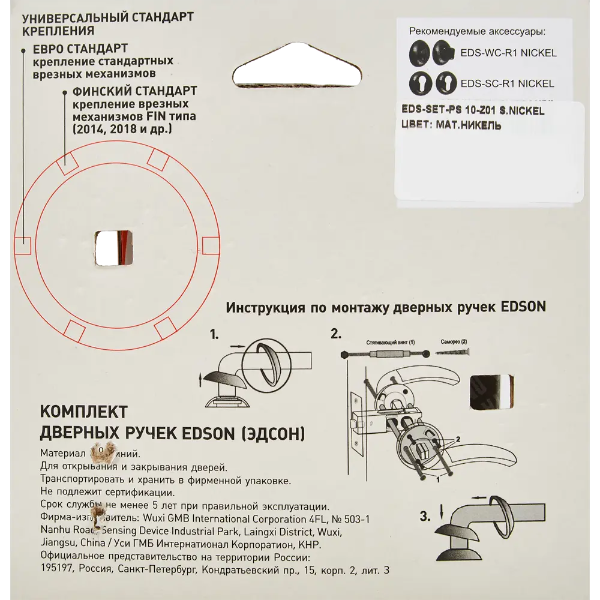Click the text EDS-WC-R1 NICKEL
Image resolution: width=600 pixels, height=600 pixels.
click(508, 53)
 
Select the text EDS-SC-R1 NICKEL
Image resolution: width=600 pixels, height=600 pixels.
click(506, 83)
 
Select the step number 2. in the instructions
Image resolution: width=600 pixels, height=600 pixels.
click(335, 334)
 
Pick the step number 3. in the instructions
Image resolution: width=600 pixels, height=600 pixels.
click(425, 516)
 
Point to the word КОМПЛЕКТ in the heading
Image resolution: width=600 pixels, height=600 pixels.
click(83, 412)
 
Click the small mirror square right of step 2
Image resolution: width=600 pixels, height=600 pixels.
click(491, 393)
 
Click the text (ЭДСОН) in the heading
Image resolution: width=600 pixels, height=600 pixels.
click(271, 431)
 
